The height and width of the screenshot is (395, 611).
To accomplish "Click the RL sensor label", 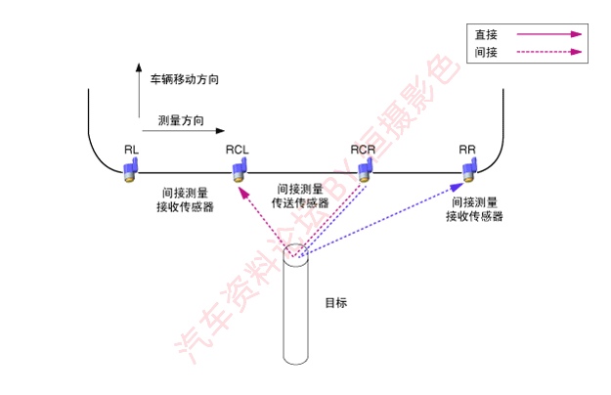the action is click(x=131, y=150).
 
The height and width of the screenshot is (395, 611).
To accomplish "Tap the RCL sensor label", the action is click(x=237, y=150).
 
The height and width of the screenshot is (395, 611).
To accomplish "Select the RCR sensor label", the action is click(x=363, y=150).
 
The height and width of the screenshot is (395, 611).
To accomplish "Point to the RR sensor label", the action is click(x=467, y=150).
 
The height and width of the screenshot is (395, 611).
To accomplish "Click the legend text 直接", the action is click(x=486, y=34).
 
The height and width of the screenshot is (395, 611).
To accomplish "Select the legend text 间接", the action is click(x=486, y=52).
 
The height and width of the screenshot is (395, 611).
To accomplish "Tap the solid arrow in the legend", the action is click(x=549, y=34).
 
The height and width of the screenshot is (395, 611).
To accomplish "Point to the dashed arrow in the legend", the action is click(x=549, y=52).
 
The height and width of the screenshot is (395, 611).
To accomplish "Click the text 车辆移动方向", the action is click(x=185, y=79).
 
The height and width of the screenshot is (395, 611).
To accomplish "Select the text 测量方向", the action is click(x=181, y=120).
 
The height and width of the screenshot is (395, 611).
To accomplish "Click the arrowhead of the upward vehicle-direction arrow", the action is click(x=139, y=67).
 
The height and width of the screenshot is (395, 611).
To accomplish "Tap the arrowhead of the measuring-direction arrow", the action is click(x=221, y=130).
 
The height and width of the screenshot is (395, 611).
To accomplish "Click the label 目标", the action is click(x=336, y=303).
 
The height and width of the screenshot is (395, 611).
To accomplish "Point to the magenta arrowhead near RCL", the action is click(x=243, y=193).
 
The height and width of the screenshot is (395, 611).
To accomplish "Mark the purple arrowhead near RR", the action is click(x=457, y=188).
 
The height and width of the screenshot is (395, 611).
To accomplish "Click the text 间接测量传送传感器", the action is click(x=300, y=196).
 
